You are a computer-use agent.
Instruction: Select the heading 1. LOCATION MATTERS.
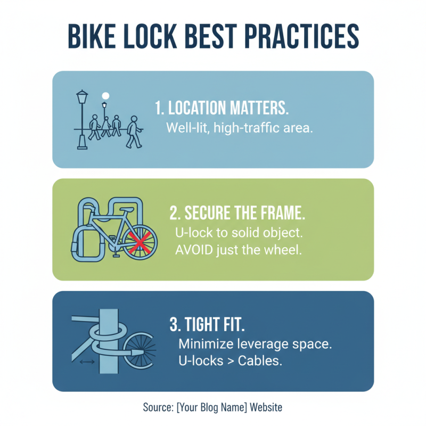coord(222,108)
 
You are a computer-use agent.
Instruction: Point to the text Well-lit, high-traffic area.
coord(239,128)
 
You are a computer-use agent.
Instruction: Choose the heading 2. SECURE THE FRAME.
coord(237,213)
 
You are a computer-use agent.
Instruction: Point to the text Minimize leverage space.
coord(255,343)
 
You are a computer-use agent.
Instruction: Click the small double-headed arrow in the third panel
coord(86,362)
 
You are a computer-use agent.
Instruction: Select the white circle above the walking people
coord(105,96)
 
